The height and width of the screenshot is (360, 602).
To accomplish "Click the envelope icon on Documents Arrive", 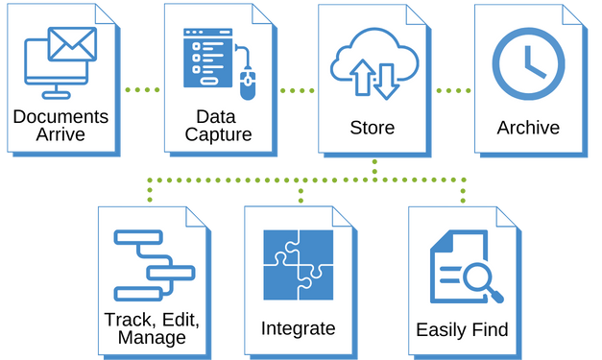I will [x=72, y=43].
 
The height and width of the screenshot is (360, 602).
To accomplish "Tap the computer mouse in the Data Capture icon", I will [x=248, y=86].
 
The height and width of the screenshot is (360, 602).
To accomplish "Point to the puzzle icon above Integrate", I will [x=298, y=266].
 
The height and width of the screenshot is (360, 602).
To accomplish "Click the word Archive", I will [x=528, y=128].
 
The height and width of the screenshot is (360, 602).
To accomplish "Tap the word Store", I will [x=373, y=128].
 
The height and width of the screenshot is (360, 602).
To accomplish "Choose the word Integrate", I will [x=298, y=328].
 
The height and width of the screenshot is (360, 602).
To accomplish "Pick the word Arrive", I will [x=60, y=134].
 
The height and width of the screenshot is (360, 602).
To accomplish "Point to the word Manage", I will [x=151, y=338].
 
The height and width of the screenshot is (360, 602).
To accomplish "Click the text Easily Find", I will [x=462, y=330].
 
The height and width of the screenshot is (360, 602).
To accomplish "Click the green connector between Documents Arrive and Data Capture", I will [x=142, y=89].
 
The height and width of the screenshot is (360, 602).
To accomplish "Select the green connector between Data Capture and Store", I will [x=298, y=89].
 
